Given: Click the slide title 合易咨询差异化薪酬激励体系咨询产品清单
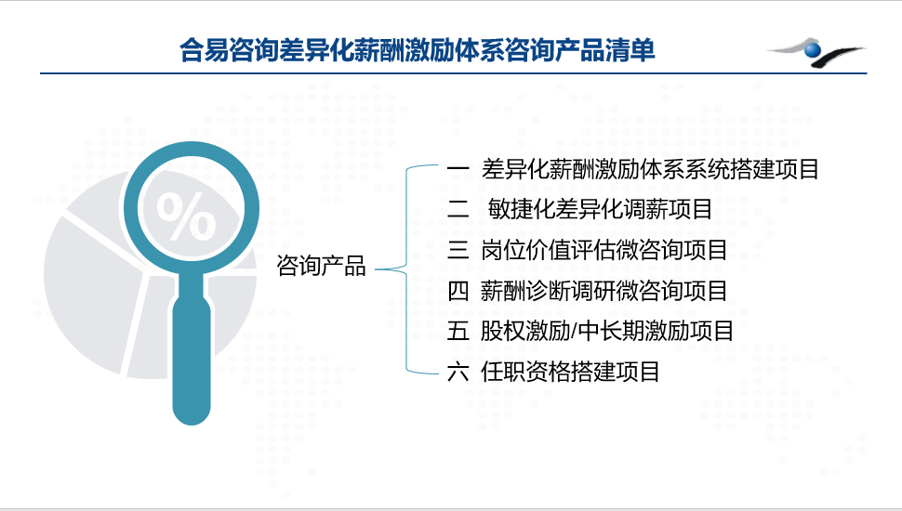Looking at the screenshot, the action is (418, 50).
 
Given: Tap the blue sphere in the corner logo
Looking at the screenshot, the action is (813, 50).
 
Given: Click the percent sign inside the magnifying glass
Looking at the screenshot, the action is (186, 216).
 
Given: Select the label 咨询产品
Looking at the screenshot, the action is (321, 266).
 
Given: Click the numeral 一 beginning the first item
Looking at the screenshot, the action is (458, 169).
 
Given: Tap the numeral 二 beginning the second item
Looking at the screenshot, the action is (458, 209).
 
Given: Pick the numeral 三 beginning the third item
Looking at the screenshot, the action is (458, 250).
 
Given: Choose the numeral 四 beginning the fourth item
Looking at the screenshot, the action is (458, 291).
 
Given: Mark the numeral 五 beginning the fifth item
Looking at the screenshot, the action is (458, 331).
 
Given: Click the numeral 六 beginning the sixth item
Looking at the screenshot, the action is (458, 372).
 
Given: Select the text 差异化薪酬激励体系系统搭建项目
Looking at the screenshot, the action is (650, 169).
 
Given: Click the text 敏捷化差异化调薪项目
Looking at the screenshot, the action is (600, 209).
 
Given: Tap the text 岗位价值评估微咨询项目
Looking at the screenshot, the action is (604, 250).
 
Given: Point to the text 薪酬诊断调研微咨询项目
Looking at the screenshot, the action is (604, 291).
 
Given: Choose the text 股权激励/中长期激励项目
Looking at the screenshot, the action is (607, 331).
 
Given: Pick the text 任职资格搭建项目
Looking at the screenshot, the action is (570, 372).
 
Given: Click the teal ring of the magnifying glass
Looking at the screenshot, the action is (192, 144).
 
